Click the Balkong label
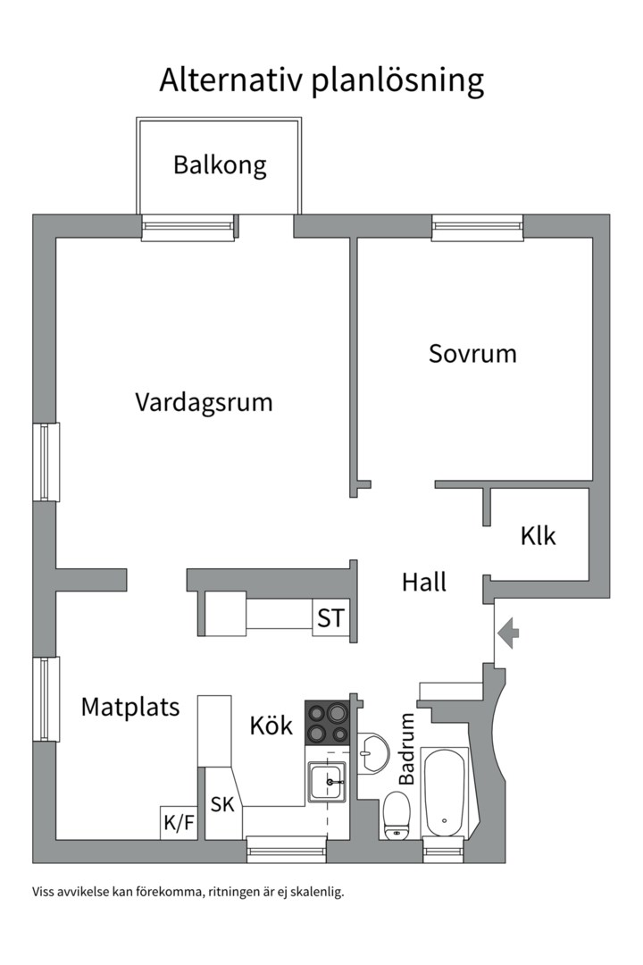tap(220, 165)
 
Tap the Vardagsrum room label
tap(204, 402)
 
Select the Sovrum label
tap(472, 353)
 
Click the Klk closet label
tap(538, 536)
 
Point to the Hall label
tap(423, 583)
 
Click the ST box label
tap(330, 618)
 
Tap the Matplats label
tap(130, 707)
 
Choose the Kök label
tap(271, 726)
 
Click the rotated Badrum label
tap(407, 749)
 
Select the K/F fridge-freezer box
tap(179, 823)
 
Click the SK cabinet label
tap(222, 804)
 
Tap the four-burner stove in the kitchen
tap(327, 723)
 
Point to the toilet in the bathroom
tap(396, 815)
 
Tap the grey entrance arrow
tap(509, 634)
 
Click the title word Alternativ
tap(231, 80)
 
